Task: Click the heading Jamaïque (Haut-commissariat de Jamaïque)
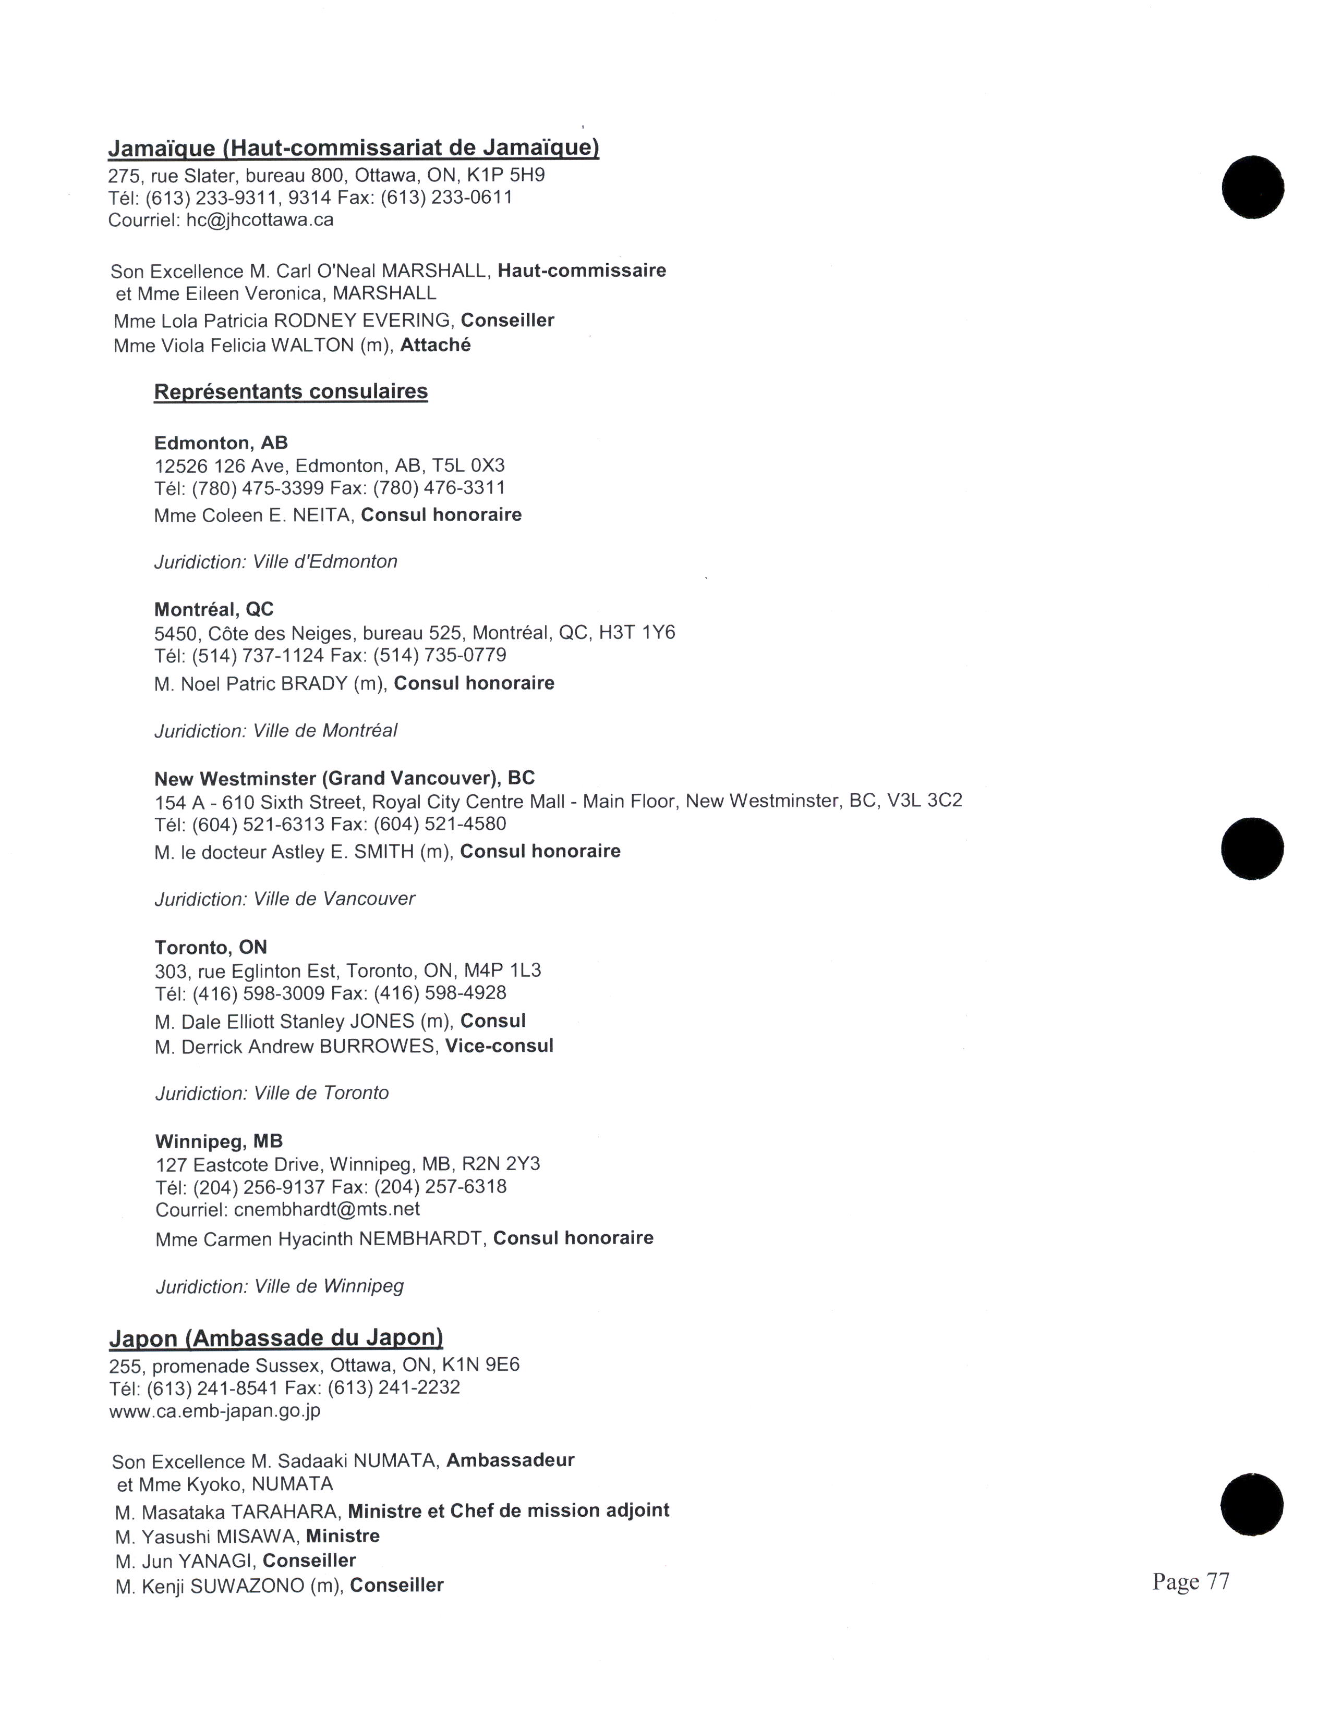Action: point(353,148)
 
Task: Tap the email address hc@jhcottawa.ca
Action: point(260,220)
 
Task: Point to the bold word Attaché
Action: point(435,345)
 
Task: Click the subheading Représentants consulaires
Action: point(291,391)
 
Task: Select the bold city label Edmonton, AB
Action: point(221,443)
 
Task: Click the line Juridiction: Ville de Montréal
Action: point(276,731)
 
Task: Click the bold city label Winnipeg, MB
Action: point(219,1141)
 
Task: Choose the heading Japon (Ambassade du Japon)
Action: point(276,1338)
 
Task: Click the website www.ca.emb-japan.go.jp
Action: point(214,1410)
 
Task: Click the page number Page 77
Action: point(1190,1581)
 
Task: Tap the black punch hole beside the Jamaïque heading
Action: point(1253,188)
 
